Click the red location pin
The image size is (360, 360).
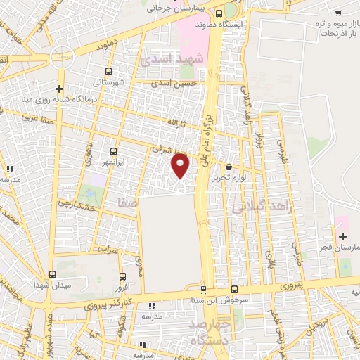(x=181, y=167)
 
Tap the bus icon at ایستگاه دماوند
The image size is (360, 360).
(x=219, y=13)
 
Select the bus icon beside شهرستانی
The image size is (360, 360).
(x=108, y=71)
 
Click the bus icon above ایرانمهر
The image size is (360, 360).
(x=113, y=150)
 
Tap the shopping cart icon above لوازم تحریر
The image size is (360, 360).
(x=229, y=167)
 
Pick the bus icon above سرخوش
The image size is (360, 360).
(x=234, y=288)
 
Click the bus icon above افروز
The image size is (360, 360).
(x=123, y=277)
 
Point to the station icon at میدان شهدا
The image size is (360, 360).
(x=52, y=276)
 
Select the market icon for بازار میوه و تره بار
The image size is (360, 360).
(x=338, y=12)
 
